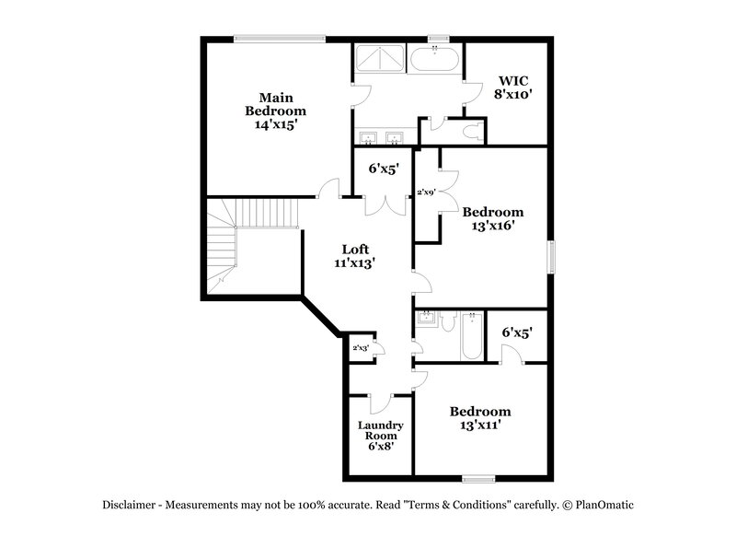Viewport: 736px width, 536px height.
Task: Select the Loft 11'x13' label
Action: click(x=355, y=255)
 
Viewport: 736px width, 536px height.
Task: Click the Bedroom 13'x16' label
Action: click(x=492, y=218)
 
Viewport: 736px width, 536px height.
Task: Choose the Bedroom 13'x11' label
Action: click(x=479, y=418)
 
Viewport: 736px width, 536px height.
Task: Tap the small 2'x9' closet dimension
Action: click(x=426, y=192)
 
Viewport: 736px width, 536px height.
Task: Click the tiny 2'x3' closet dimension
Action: click(x=361, y=347)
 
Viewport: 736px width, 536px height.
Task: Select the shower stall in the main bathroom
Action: click(x=377, y=60)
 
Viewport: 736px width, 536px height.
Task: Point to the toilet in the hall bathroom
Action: click(x=447, y=322)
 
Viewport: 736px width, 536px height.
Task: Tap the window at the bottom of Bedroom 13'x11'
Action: click(x=478, y=479)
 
